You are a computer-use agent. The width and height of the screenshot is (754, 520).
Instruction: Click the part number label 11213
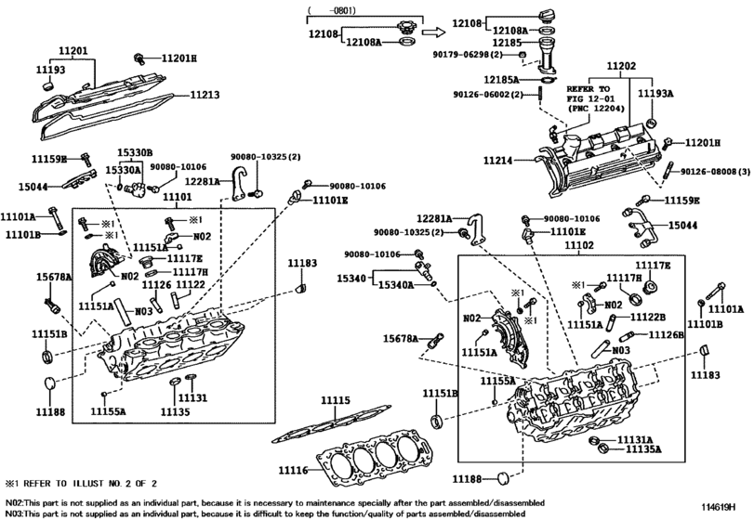coord(204,95)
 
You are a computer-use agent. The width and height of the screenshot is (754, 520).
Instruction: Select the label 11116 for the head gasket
coord(293,470)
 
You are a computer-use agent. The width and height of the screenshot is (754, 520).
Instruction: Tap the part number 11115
coord(336,400)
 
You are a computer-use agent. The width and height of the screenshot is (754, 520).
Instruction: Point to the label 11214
coord(497,161)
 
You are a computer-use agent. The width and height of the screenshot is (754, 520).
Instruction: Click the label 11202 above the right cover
coord(621,66)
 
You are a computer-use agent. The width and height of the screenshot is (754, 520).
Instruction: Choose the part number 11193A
coord(655,94)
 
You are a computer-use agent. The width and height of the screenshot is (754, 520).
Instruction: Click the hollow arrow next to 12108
coord(433,32)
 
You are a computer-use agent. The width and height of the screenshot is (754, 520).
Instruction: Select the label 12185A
coord(501,80)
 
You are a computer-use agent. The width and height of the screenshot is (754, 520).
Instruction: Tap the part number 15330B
coord(135,152)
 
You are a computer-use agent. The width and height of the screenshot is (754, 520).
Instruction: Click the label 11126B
coord(666,334)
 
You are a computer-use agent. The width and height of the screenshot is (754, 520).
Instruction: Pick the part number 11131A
coord(635,440)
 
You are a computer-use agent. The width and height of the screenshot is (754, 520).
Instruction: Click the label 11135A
coord(643,449)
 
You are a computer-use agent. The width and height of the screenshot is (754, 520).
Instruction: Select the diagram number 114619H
coord(719,507)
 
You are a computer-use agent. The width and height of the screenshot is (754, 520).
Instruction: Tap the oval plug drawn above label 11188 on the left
coord(50,383)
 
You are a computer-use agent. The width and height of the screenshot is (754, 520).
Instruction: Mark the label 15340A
coord(396,285)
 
